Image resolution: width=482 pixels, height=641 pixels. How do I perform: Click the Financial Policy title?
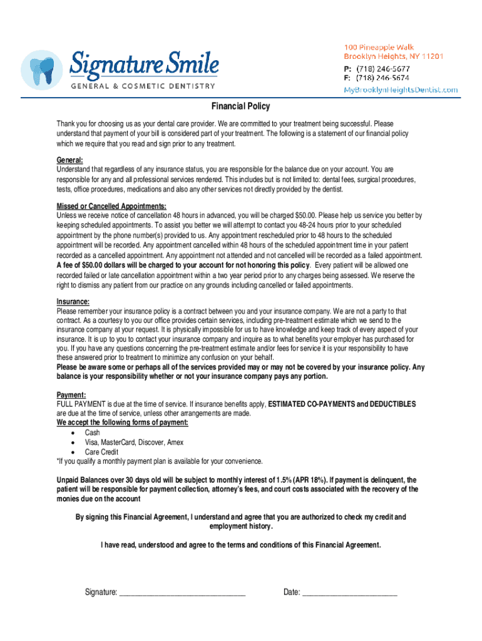pos(241,107)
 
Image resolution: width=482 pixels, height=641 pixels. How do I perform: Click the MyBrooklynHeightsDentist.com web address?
pos(401,90)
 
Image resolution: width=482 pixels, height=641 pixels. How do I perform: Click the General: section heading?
pos(69,160)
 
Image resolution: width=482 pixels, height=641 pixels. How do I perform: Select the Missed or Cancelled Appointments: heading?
pos(111,207)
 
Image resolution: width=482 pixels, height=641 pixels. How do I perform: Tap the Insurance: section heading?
pos(73,302)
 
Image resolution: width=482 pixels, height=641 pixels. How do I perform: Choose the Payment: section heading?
pos(71,396)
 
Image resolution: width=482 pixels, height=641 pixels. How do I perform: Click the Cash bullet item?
pos(93,433)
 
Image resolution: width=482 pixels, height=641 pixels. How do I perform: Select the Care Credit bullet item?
pos(101,451)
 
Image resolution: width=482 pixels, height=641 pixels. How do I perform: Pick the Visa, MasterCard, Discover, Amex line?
pos(134,442)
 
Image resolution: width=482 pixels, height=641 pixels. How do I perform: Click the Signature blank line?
pos(182,592)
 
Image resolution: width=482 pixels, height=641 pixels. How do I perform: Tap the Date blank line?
pos(349,592)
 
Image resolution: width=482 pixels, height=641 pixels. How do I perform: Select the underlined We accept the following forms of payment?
pos(122,423)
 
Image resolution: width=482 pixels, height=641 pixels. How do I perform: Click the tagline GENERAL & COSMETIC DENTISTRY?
pos(143,86)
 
